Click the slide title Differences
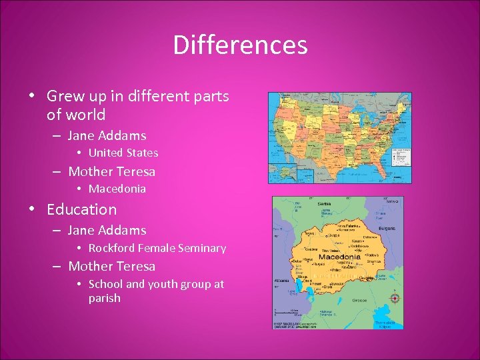(240, 45)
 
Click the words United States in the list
(123, 153)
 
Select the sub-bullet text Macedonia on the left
(117, 189)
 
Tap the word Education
(81, 209)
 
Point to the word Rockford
(111, 248)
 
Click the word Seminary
(204, 248)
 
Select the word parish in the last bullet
(105, 298)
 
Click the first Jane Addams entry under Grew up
(107, 135)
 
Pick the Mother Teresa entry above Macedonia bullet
(111, 171)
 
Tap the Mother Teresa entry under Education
(111, 266)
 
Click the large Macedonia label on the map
(339, 257)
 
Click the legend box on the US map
(401, 157)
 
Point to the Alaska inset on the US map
(283, 169)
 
